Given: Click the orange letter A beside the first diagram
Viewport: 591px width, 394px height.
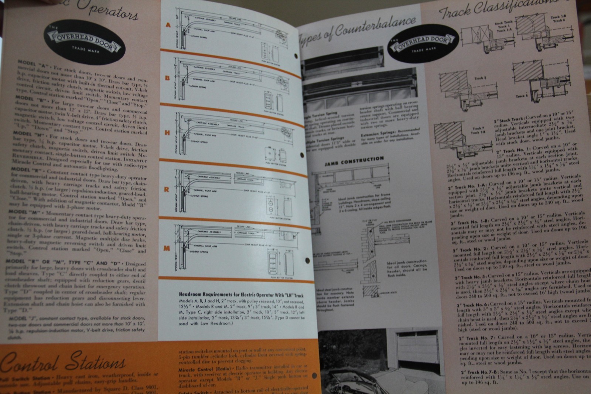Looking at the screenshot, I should coord(168,25).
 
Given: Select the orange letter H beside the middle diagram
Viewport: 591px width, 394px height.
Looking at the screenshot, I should coord(167,133).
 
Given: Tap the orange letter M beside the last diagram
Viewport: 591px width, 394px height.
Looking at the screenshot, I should coord(167,248).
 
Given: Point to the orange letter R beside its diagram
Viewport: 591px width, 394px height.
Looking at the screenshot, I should coord(167,189).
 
